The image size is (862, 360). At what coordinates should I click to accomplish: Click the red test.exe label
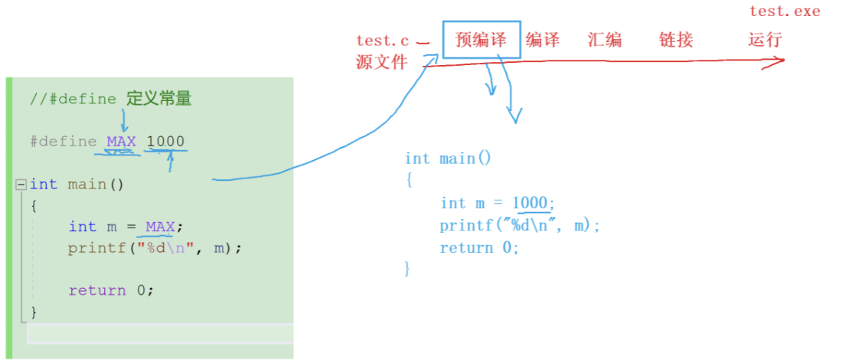(x=785, y=11)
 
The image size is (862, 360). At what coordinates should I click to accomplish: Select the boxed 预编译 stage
(x=482, y=40)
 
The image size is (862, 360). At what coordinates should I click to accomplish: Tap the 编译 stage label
(x=543, y=40)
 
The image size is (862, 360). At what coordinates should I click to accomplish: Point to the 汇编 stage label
(x=605, y=40)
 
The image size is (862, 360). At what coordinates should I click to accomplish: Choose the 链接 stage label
(x=676, y=40)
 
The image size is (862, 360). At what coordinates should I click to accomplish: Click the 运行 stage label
(x=765, y=40)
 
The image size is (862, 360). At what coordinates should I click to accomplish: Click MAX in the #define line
(x=121, y=142)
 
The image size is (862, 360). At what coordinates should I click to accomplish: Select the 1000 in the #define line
(x=165, y=142)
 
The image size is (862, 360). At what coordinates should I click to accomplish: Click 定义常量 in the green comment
(x=158, y=99)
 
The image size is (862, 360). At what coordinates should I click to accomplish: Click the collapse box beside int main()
(x=21, y=185)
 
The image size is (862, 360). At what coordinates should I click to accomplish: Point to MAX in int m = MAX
(x=160, y=227)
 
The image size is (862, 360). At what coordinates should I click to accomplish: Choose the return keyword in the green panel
(x=97, y=290)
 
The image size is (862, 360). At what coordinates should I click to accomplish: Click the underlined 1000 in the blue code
(x=531, y=203)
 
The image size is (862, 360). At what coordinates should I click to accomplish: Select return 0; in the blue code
(x=479, y=247)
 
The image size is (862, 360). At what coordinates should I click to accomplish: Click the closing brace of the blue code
(x=407, y=268)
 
